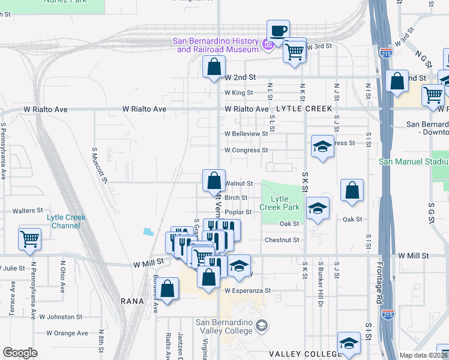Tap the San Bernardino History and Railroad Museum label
point(215,45)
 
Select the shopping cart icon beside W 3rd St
point(294,52)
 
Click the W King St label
point(239,92)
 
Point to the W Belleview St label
point(246,133)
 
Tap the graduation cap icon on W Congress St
point(322,147)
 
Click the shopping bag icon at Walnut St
point(214,181)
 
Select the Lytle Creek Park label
point(279,203)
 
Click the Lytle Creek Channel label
point(65,221)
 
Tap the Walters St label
point(28,211)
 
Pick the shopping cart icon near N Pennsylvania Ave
point(29,239)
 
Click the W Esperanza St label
point(248,290)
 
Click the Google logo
point(20,353)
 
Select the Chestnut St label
point(282,239)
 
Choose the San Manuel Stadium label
point(414,161)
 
